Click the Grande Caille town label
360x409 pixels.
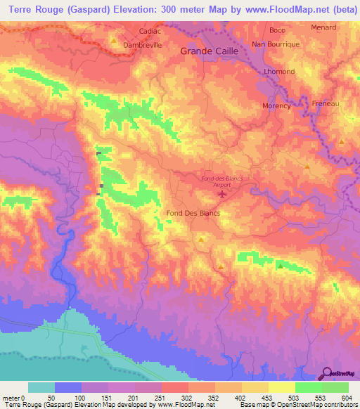tap(210, 51)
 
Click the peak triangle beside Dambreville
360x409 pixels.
tap(113, 41)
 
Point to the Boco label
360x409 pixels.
tap(277, 31)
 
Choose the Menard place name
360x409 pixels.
tap(323, 28)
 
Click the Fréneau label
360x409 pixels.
tap(326, 103)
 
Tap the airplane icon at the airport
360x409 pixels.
tap(224, 194)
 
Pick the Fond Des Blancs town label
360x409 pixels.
tap(193, 213)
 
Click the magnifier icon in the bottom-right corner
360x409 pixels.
tap(328, 372)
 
